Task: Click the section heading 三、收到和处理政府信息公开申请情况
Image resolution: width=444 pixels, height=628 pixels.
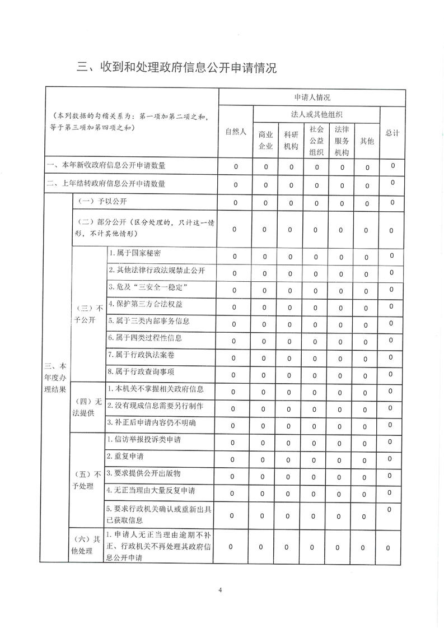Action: pos(177,68)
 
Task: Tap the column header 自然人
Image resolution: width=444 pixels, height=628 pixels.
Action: pos(236,132)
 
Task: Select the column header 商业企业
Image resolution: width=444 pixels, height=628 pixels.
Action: pos(265,141)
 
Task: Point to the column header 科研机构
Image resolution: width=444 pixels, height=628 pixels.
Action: pos(291,141)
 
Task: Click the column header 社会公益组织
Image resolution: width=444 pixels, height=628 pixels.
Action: pos(316,140)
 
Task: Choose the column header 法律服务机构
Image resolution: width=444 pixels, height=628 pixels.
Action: pos(342,140)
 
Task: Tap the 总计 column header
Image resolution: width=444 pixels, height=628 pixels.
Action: pos(392,133)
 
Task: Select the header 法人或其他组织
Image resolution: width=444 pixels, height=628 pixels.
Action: pos(316,114)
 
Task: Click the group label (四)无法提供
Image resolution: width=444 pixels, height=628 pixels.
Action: pos(88,407)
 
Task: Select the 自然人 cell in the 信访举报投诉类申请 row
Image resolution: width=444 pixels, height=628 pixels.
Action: pos(235,443)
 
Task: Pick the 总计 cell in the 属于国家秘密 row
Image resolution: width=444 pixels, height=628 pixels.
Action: pos(392,255)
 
